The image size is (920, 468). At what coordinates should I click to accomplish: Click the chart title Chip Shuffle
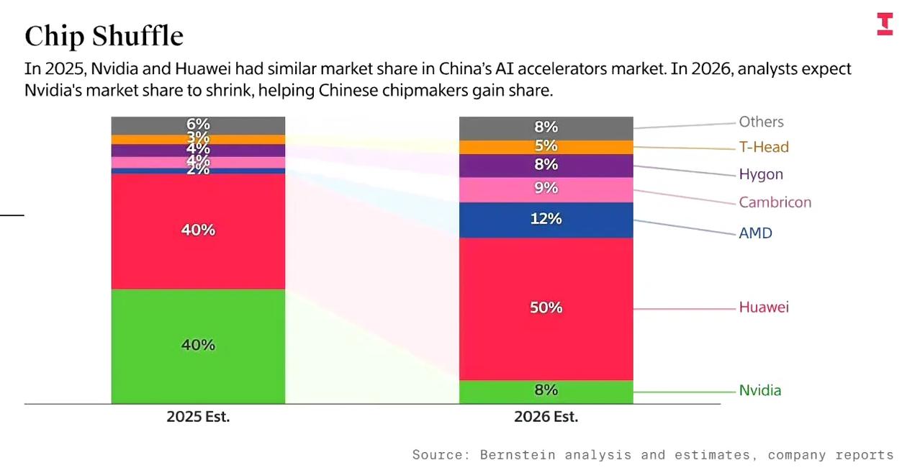[x=104, y=36]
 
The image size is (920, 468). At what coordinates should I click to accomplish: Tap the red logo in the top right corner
[x=885, y=24]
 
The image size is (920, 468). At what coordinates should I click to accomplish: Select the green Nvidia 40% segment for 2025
[x=198, y=346]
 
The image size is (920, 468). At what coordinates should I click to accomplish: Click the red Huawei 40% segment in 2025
[x=198, y=230]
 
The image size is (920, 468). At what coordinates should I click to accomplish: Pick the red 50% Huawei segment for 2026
[x=546, y=308]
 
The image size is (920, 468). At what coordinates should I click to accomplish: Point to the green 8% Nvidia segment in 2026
[x=546, y=391]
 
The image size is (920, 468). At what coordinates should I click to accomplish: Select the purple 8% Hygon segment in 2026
[x=546, y=166]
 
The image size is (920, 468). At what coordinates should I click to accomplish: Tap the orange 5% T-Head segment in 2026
[x=546, y=147]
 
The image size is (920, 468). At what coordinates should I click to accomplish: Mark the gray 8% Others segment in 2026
[x=546, y=127]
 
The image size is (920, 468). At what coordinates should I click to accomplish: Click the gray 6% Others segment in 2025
[x=198, y=125]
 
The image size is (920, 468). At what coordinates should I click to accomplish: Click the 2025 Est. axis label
[x=198, y=417]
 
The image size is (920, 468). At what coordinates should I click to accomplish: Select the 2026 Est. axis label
[x=546, y=417]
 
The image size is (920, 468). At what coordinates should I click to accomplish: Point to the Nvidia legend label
[x=759, y=391]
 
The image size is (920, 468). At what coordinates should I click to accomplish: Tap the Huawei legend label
[x=763, y=307]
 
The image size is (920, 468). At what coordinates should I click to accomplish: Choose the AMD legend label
[x=755, y=233]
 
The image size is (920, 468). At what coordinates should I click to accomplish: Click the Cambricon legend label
[x=775, y=202]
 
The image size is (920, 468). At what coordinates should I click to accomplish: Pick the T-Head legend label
[x=764, y=147]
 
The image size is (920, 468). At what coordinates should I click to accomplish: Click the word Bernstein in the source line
[x=518, y=455]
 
